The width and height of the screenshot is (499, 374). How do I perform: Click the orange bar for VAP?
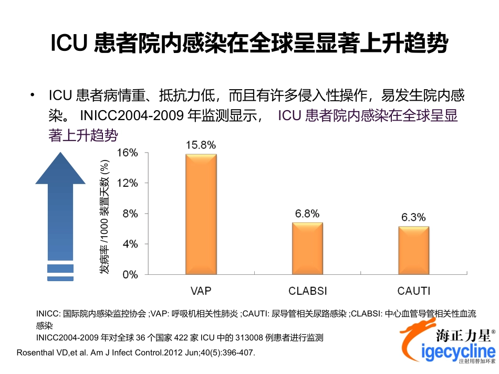coord(201,214)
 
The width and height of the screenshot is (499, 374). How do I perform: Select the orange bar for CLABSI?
coord(307,248)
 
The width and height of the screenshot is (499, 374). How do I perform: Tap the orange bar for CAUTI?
coord(413,250)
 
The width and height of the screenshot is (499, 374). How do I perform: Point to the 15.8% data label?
coord(201,145)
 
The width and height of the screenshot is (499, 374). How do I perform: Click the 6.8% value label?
coord(307,214)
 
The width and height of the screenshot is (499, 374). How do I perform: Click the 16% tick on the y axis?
coord(127,153)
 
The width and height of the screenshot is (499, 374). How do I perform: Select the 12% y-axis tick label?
coord(127,184)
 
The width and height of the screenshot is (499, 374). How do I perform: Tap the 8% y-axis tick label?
coord(129,214)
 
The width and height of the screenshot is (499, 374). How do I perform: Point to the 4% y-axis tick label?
coord(129,244)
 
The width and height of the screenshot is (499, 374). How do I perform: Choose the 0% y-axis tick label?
coord(129,274)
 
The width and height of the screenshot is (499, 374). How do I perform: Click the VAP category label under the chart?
coord(201,291)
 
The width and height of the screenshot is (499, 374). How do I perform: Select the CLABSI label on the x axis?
coord(307,291)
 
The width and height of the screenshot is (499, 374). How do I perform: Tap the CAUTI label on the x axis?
coord(414,291)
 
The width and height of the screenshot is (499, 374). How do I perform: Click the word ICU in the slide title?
coord(68,44)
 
